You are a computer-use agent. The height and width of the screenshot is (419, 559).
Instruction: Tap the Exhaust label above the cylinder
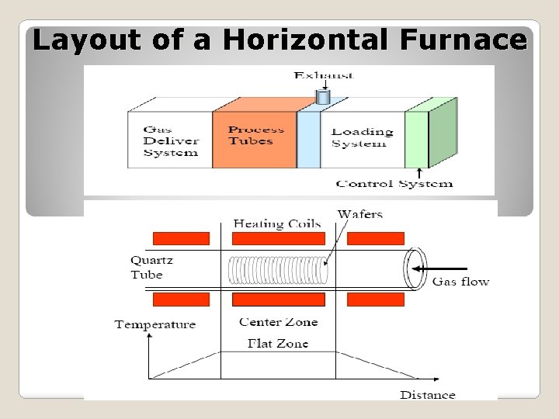[324, 75]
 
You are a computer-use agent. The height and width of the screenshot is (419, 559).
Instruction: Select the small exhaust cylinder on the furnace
[323, 97]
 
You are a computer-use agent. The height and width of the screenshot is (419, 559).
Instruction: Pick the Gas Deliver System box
[170, 141]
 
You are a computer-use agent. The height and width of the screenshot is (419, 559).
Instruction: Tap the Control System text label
[394, 184]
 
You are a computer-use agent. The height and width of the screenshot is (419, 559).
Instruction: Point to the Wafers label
[360, 214]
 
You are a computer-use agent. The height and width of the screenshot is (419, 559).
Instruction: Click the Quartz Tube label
[147, 268]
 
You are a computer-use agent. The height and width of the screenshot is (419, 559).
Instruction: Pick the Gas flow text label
[460, 282]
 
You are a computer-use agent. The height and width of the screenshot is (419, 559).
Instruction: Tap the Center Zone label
[278, 322]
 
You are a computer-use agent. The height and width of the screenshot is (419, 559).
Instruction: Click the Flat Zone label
[278, 343]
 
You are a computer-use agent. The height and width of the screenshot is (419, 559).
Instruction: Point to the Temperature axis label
[155, 324]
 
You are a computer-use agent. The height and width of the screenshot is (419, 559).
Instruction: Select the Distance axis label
[427, 395]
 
